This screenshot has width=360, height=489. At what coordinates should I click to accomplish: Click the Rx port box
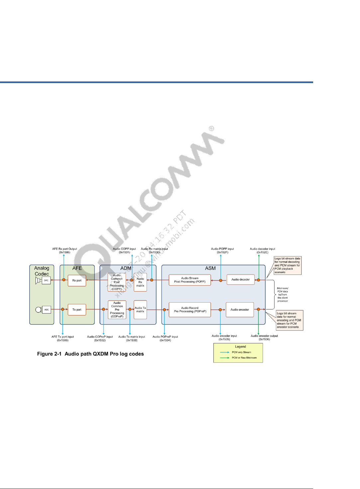click(77, 281)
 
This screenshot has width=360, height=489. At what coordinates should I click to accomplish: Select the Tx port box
click(77, 310)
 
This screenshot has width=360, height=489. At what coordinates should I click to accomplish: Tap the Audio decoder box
click(240, 280)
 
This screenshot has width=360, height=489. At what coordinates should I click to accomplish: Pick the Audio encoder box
click(240, 310)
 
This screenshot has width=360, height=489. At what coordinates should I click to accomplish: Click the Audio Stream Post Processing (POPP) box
click(190, 280)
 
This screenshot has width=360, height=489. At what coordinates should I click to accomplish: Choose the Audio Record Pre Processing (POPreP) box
click(190, 310)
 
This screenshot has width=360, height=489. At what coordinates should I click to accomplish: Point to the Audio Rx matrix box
click(140, 282)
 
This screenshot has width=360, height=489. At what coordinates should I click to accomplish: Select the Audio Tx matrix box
click(140, 310)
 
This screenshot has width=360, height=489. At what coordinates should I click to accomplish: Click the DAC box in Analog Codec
click(46, 281)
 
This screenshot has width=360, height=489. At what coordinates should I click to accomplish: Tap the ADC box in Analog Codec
click(47, 310)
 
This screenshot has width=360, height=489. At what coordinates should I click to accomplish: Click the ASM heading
click(210, 268)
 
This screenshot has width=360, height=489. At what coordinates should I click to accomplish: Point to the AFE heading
click(77, 268)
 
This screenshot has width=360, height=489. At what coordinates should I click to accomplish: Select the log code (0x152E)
click(263, 252)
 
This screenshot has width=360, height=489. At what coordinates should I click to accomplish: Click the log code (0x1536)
click(264, 339)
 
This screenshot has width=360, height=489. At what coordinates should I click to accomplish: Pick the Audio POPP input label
click(222, 249)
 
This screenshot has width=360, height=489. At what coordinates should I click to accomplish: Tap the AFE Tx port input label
click(62, 337)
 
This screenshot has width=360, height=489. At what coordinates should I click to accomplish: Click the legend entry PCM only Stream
click(241, 352)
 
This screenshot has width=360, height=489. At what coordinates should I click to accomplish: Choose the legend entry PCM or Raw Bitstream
click(244, 358)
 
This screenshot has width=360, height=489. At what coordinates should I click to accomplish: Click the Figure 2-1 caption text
click(90, 354)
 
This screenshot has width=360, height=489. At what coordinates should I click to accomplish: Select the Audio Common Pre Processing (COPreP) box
click(117, 310)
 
